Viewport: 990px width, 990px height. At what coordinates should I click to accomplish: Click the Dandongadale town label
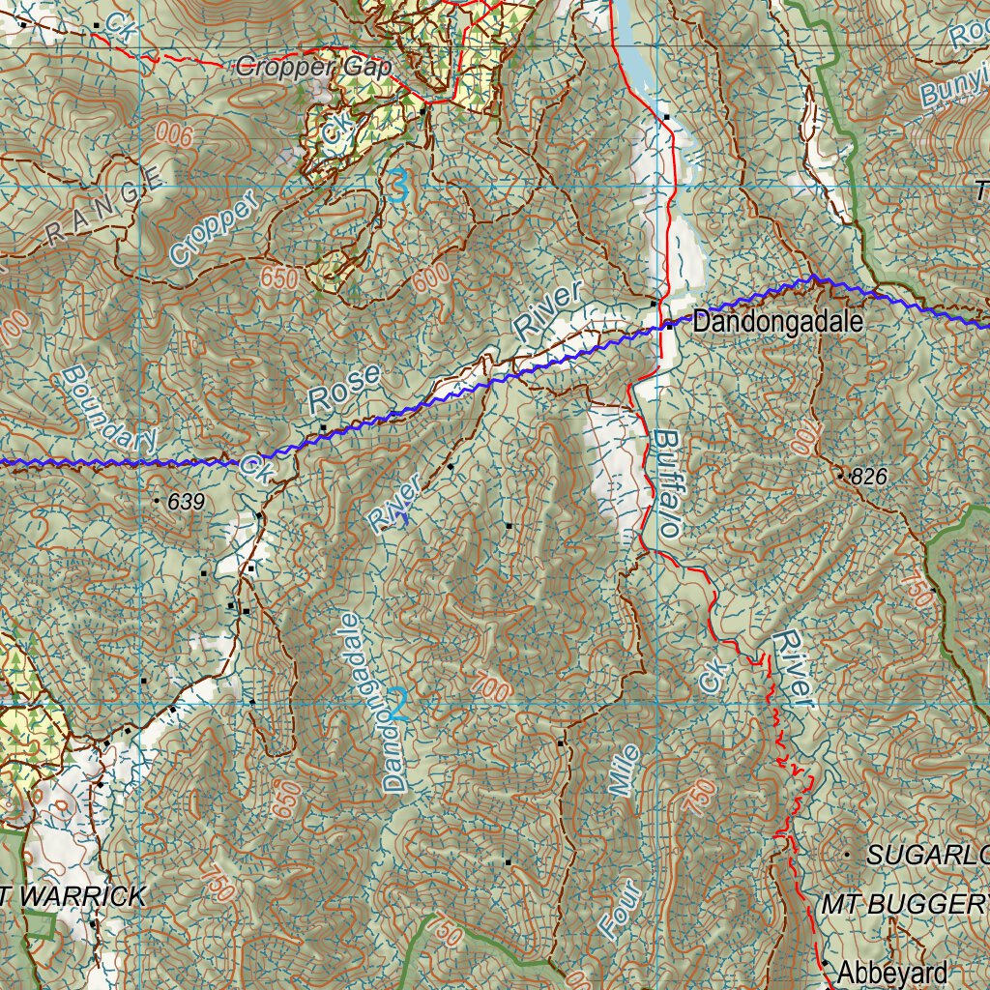776,322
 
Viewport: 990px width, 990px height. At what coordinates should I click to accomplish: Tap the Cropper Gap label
313,68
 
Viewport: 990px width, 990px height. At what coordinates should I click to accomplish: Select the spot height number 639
187,502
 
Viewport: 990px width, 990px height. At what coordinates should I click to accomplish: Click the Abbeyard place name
892,971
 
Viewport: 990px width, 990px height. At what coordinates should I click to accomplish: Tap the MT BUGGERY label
904,905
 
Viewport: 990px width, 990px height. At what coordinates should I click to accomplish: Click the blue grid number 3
398,186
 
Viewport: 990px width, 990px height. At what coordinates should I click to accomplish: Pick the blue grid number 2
396,705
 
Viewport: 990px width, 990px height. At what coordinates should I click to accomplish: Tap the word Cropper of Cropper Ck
214,228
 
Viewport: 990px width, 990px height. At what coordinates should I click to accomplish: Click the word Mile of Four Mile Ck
626,771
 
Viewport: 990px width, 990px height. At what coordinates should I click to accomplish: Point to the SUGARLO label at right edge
927,855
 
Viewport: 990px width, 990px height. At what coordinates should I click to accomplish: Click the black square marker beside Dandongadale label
669,326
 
